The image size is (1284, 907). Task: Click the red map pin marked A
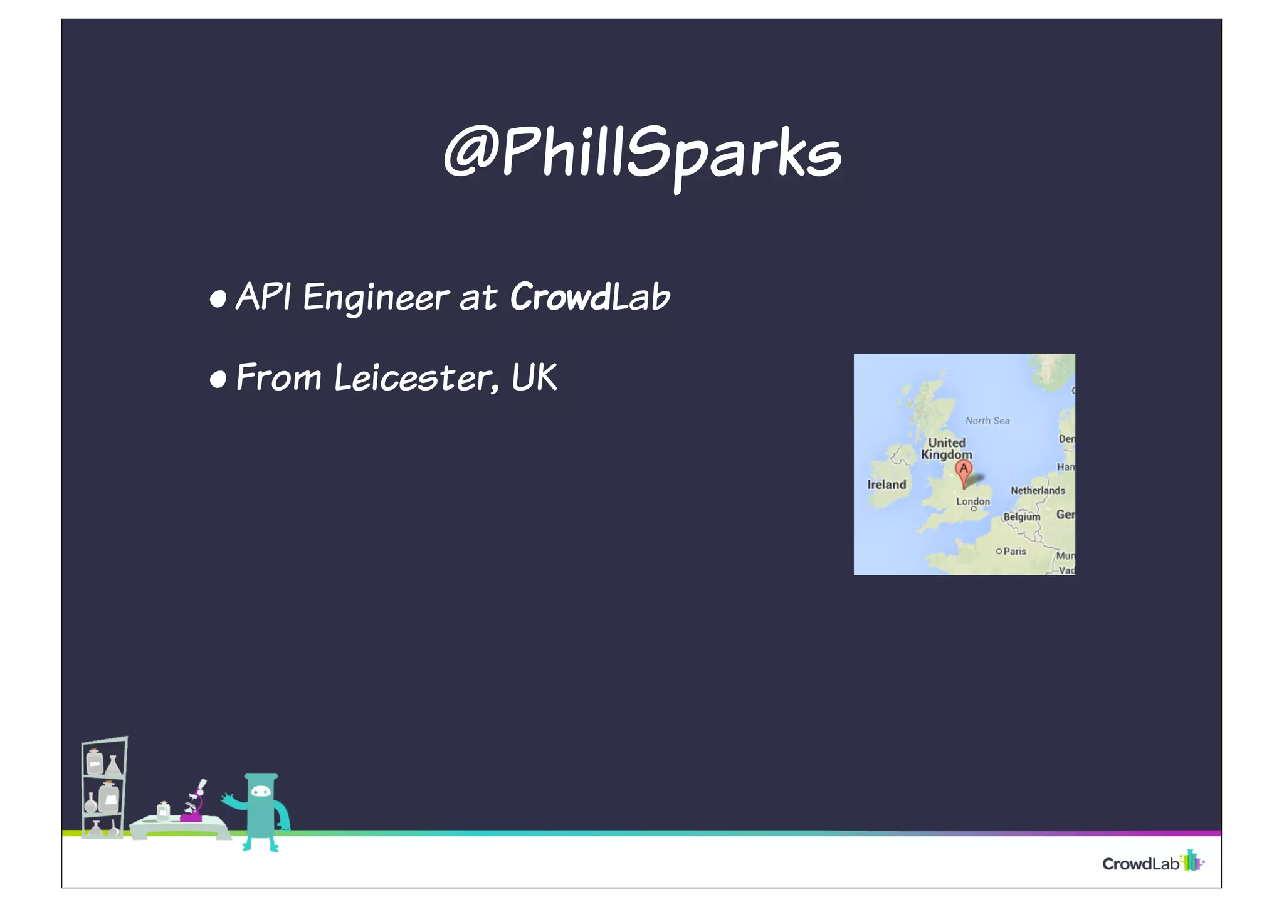pos(964,471)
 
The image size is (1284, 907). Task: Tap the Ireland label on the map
pos(887,485)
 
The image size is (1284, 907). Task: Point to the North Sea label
pos(987,421)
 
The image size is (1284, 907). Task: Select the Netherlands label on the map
pos(1038,491)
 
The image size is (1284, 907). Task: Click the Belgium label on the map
pos(1021,517)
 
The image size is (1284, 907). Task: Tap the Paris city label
pos(1014,552)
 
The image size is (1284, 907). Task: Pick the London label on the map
pos(973,501)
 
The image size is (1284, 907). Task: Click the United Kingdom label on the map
pos(947,449)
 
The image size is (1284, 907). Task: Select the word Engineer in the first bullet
pos(376,297)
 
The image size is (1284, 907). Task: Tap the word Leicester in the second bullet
pos(413,378)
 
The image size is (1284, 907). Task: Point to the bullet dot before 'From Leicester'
pos(218,380)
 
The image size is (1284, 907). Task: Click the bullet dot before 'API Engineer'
pos(218,300)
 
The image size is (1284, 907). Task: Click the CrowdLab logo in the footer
pos(1152,862)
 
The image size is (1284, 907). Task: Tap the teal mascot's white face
pos(261,792)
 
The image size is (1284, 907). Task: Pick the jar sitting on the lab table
pos(163,811)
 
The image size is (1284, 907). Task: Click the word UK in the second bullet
pos(534,377)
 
